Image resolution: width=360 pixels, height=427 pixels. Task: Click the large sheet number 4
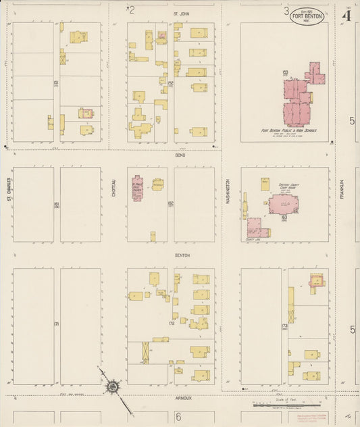pyautogui.click(x=346, y=15)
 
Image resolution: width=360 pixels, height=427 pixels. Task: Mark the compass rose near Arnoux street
pyautogui.click(x=112, y=387)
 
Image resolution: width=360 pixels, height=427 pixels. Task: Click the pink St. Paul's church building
pyautogui.click(x=137, y=190)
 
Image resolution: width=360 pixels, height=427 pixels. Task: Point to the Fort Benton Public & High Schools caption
pyautogui.click(x=289, y=130)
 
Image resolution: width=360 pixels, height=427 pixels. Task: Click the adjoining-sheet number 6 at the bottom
pyautogui.click(x=179, y=417)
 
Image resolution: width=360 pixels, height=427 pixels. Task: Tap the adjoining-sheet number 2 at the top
pyautogui.click(x=132, y=9)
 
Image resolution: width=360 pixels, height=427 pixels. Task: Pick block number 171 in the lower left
pyautogui.click(x=57, y=324)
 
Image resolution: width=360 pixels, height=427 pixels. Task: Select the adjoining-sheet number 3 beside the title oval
pyautogui.click(x=286, y=11)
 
